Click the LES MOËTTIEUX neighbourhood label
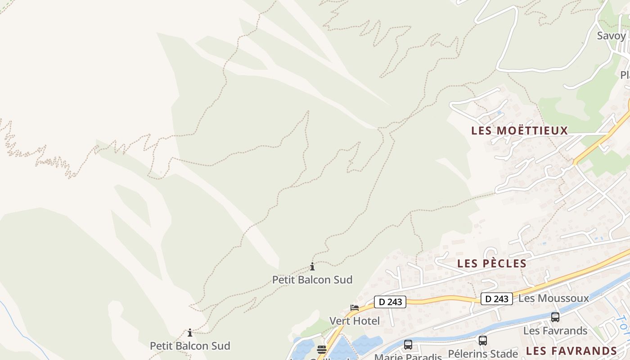coord(520,131)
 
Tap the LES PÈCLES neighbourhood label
coord(492,264)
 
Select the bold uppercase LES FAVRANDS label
coord(571,351)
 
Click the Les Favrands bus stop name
coord(555,331)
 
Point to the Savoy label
coord(611,36)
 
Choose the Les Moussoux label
coord(553,298)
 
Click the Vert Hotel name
coord(355,321)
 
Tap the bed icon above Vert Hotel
coord(355,308)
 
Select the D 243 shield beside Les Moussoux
coord(497,299)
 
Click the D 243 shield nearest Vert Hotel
coord(390,302)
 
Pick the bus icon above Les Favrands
coord(555,317)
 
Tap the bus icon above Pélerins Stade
coord(483,341)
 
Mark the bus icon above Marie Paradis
coord(408,345)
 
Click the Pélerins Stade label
coord(483,354)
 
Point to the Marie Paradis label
coord(408,357)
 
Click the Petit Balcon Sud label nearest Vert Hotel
coord(312,280)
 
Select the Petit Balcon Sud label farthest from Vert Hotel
coord(190,346)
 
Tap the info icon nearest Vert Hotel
coord(312,266)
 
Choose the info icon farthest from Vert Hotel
coord(190,333)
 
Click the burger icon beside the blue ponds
coord(321,349)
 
